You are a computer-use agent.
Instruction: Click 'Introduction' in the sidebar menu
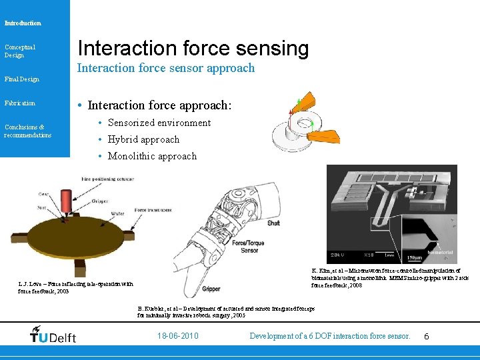pos(23,23)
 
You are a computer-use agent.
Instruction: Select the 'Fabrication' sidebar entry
pos(20,103)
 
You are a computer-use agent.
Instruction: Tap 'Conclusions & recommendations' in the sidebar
pos(27,131)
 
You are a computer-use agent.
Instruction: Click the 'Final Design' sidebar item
pos(22,79)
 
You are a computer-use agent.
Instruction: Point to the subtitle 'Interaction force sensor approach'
pos(166,68)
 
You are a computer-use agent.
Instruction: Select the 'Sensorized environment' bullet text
pos(159,123)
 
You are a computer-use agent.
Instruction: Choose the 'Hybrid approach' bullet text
pos(143,139)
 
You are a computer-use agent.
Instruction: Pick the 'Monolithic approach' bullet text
pos(152,156)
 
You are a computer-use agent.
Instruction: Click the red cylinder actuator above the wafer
pos(65,201)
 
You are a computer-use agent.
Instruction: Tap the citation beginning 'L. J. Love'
pos(75,287)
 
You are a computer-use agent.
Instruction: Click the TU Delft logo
pos(53,335)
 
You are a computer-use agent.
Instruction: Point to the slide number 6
pos(427,337)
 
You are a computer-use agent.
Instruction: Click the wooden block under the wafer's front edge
pos(79,267)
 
